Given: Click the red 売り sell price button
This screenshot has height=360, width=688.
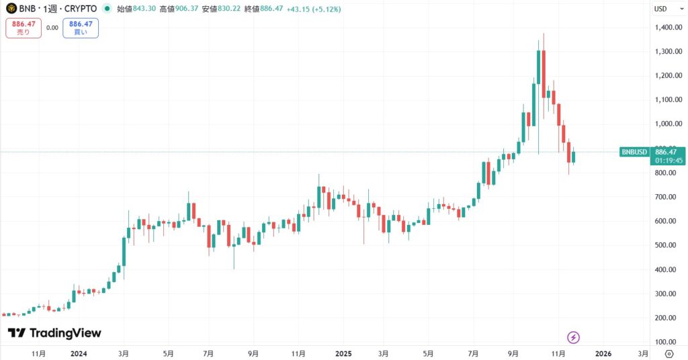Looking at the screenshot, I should pyautogui.click(x=24, y=28).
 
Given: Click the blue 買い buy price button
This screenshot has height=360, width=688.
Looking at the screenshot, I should pyautogui.click(x=81, y=28).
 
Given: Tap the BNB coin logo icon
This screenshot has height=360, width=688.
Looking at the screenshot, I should pyautogui.click(x=11, y=9).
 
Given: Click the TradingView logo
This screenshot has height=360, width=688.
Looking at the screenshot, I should pyautogui.click(x=54, y=333).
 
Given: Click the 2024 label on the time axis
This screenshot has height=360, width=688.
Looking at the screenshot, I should pyautogui.click(x=79, y=353).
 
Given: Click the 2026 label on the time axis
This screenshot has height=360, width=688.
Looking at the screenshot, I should pyautogui.click(x=603, y=353).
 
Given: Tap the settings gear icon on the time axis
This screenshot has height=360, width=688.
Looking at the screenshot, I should pyautogui.click(x=669, y=353).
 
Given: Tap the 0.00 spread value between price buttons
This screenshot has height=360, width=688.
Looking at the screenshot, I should pyautogui.click(x=52, y=28).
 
